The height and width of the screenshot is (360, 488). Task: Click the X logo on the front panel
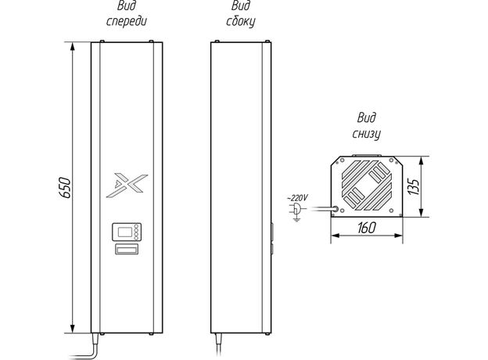[x=127, y=183]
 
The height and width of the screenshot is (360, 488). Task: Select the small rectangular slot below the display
[x=126, y=250]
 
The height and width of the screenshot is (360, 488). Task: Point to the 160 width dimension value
[x=366, y=229]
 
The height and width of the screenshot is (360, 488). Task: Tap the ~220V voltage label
[x=297, y=198]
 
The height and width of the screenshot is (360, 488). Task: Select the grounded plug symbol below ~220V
[x=296, y=211]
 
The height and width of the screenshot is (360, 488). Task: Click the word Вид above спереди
[x=127, y=7]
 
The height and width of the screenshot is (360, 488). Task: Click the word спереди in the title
[x=127, y=21]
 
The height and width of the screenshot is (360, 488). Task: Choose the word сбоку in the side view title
[x=241, y=21]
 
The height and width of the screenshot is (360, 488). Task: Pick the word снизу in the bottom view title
[x=366, y=133]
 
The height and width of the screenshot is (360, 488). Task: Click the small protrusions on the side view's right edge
[x=271, y=238]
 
